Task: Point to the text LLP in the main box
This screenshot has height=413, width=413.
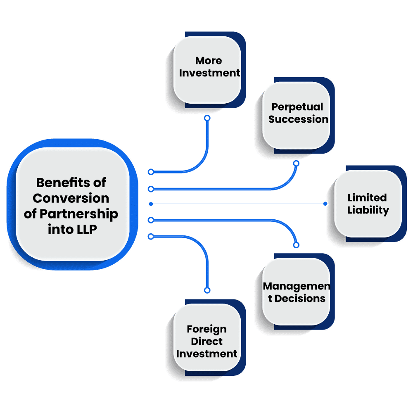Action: coord(86,230)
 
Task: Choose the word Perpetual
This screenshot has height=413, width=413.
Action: coord(297,107)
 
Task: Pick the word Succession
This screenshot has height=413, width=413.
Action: coord(299,119)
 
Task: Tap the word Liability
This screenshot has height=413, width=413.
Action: coord(368,210)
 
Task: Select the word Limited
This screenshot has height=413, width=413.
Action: coord(367,197)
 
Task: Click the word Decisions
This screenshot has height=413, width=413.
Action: coord(300,298)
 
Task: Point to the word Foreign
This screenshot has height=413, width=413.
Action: coord(206,329)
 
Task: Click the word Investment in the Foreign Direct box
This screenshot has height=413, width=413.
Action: coord(207,354)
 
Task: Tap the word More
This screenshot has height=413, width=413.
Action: coord(209,61)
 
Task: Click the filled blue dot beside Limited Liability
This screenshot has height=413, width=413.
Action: coord(325,204)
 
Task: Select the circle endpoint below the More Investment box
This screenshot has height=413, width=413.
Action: coord(207,118)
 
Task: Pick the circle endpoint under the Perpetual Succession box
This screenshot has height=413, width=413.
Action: coord(296,163)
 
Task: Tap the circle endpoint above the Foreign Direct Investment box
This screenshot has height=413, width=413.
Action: coord(207,290)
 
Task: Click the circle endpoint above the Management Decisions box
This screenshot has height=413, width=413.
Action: coord(296,245)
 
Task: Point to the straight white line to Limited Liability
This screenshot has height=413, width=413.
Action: coord(240,204)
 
